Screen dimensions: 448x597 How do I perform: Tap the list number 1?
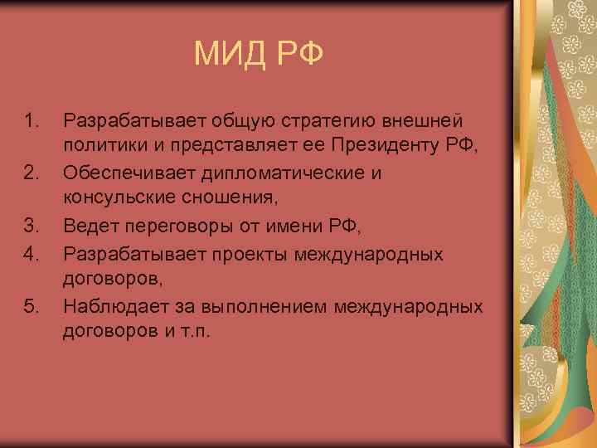(x=31, y=122)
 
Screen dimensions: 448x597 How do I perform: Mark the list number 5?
(x=31, y=307)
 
